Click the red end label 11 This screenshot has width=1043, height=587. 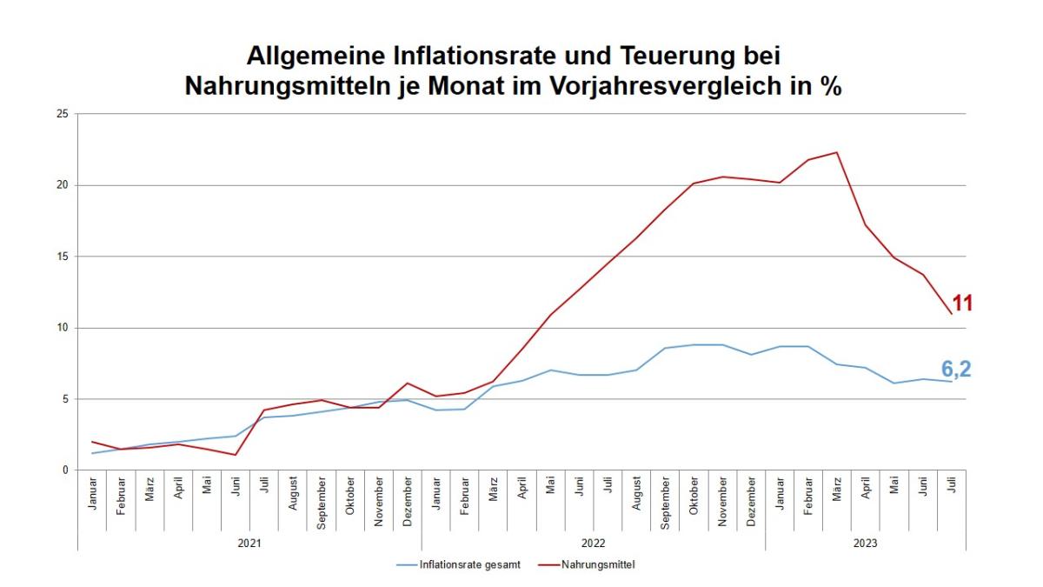click(x=961, y=304)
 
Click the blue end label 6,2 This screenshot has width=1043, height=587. click(x=955, y=370)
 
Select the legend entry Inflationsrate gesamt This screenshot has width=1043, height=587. click(x=469, y=565)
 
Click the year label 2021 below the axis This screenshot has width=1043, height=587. click(x=249, y=543)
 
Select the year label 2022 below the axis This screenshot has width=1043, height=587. click(x=594, y=543)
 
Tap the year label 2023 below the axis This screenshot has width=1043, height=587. click(x=866, y=543)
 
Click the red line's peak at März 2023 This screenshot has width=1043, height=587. click(x=836, y=152)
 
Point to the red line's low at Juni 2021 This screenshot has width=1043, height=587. click(x=235, y=455)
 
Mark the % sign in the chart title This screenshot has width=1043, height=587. click(x=829, y=87)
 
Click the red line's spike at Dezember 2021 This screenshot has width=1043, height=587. click(x=407, y=384)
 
